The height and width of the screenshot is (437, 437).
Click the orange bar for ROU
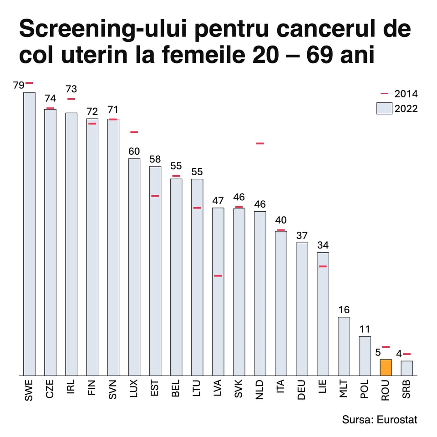pos(386,367)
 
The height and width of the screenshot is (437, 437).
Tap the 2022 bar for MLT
pos(344,346)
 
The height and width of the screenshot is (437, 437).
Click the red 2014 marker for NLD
pos(260,143)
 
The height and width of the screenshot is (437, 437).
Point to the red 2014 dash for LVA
pos(218,276)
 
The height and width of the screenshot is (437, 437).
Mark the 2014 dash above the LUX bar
pos(134,132)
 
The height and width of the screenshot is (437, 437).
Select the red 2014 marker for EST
pos(155,196)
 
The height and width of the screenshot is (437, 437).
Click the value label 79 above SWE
pos(18,85)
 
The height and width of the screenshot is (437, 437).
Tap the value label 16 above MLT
pos(344,310)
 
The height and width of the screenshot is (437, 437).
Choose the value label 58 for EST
pos(155,159)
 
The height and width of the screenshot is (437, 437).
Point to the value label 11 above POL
pos(365,330)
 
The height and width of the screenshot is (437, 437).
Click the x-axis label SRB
pos(407,391)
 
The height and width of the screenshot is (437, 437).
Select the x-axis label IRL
pos(71,389)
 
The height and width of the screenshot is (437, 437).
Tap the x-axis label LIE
pos(323,389)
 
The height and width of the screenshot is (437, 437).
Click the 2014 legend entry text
pos(406,94)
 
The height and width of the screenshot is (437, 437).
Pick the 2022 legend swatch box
pos(384,108)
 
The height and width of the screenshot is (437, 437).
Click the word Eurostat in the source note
pos(397,419)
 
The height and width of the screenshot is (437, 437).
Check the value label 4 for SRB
pos(399,354)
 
